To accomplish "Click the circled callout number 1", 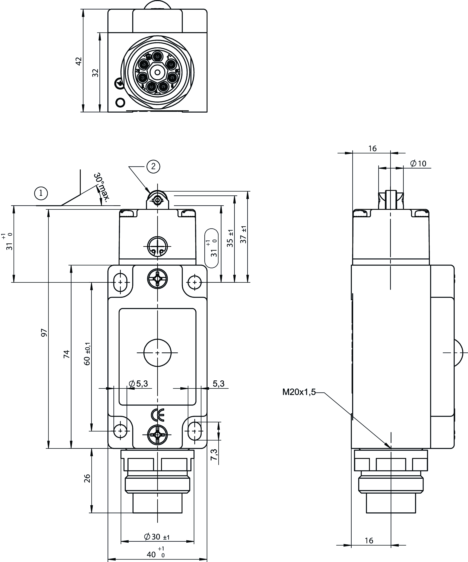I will tap(41, 193).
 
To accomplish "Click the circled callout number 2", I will tap(153, 167).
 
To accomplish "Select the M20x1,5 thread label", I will tap(299, 392).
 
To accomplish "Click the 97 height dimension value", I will tap(44, 333).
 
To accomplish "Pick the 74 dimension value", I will tap(66, 354).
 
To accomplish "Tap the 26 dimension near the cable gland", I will tap(87, 478).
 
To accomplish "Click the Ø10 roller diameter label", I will tap(418, 164).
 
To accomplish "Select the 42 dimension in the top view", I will tap(78, 61).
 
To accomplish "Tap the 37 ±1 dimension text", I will tap(244, 235).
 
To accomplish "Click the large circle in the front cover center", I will tap(157, 353).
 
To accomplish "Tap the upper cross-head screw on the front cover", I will tap(157, 279).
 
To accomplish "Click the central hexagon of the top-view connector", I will tap(157, 72).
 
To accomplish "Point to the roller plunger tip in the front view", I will tap(158, 200).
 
